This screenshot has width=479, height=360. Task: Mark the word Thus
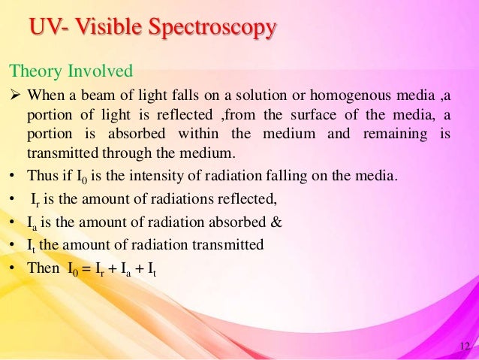coord(41,177)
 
